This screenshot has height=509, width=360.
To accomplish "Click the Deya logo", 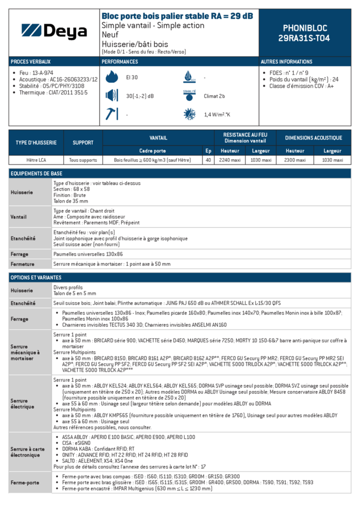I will pos(54,32).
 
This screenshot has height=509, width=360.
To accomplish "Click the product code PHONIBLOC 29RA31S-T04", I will pos(304,33).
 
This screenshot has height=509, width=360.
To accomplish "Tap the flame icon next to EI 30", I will pos(112,77).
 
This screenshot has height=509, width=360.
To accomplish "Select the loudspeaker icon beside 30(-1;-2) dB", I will pos(111,96).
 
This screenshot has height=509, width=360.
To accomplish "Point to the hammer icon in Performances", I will pos(111,114).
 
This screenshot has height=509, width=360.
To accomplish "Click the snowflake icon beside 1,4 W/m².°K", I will pos(189,114).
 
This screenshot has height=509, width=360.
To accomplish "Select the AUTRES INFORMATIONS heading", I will pos(286,62).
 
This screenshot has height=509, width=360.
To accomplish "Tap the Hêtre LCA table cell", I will pos(36,160).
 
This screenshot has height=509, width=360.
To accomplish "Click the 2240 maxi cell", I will pos(230,160).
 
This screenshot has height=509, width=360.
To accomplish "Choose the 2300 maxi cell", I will pos(295,160).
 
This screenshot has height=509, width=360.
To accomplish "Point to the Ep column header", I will pos(208,151).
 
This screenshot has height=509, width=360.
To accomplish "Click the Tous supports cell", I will pos(83,160).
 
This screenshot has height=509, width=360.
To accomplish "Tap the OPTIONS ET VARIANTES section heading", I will pos(36,277).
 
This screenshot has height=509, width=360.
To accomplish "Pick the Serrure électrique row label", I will pos(22,404).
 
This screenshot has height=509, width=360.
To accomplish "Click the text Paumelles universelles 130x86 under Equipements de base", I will pos(88,254).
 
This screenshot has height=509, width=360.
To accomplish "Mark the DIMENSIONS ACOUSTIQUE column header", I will pos(313,137).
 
